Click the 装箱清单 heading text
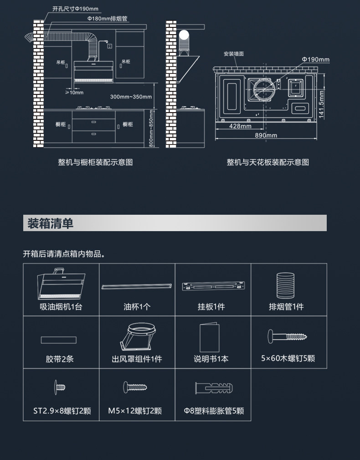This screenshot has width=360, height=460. click(x=50, y=223)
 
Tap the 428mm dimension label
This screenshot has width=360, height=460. click(x=240, y=126)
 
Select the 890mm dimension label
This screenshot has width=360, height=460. click(x=266, y=135)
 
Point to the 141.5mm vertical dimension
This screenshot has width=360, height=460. click(x=321, y=104)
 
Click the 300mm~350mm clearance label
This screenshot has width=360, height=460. click(x=131, y=97)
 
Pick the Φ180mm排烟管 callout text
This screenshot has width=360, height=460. click(x=107, y=19)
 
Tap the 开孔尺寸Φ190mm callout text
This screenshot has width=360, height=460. click(x=75, y=9)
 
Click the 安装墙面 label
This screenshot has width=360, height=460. click(x=234, y=54)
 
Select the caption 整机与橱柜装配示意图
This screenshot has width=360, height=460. click(x=95, y=162)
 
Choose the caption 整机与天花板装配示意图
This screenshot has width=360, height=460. click(x=267, y=162)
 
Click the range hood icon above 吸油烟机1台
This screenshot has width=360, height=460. click(x=61, y=283)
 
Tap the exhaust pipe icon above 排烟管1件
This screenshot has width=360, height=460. click(x=286, y=285)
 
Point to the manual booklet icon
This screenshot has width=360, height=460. click(x=209, y=337)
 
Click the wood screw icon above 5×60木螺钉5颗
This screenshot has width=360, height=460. click(x=287, y=336)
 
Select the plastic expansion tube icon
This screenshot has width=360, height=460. click(x=214, y=388)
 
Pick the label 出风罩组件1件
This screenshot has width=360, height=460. click(x=137, y=359)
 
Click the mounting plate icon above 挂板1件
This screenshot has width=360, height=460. click(x=213, y=286)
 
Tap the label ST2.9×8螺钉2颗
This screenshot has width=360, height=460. click(x=62, y=411)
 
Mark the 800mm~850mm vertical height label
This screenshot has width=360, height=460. click(x=151, y=128)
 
